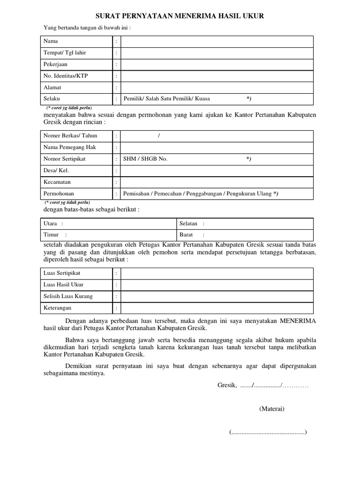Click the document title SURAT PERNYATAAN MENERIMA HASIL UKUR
(x=180, y=16)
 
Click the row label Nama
(x=51, y=41)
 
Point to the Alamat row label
(x=52, y=87)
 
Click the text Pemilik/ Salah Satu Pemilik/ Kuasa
(x=167, y=98)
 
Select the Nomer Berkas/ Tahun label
(x=70, y=135)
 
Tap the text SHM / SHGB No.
(x=145, y=159)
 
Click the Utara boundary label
(x=50, y=224)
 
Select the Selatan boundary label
(x=188, y=224)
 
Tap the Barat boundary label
(x=186, y=235)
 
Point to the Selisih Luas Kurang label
(x=68, y=296)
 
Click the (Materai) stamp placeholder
(x=272, y=409)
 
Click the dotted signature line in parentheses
(x=268, y=432)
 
